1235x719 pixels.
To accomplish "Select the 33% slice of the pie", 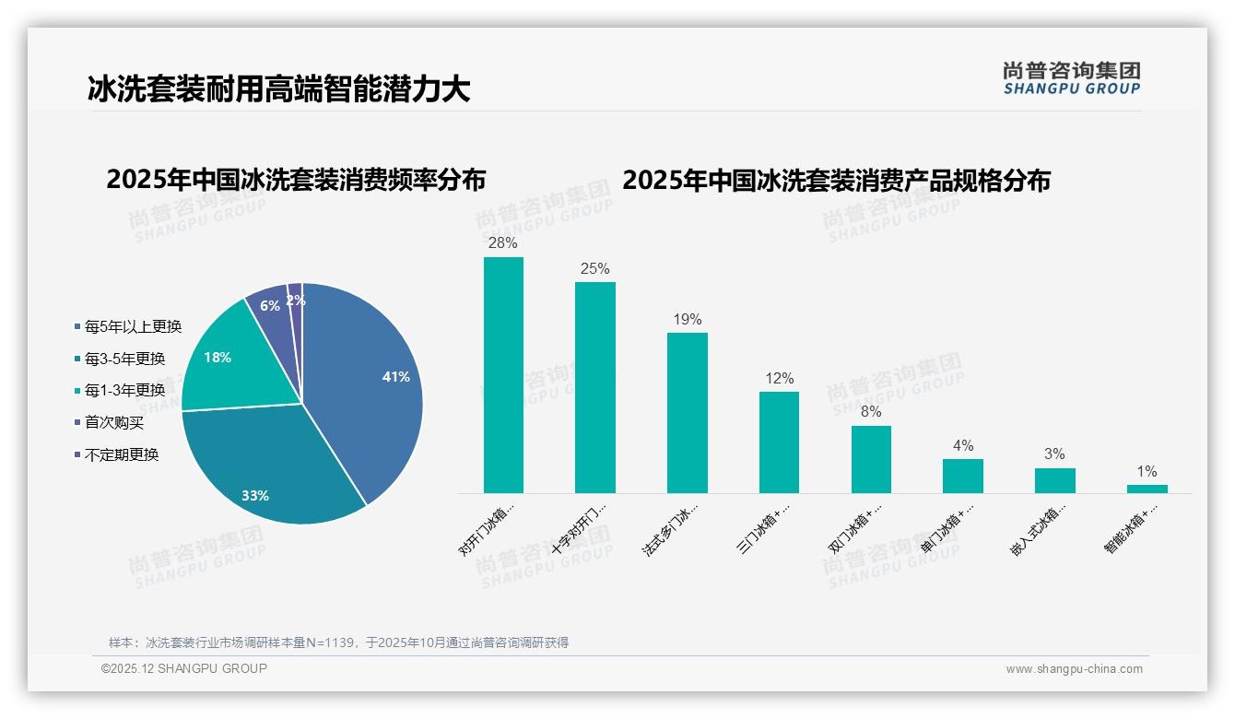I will pyautogui.click(x=267, y=470).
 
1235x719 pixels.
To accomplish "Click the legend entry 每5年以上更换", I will pyautogui.click(x=133, y=326).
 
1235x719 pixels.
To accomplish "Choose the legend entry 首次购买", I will pyautogui.click(x=114, y=422).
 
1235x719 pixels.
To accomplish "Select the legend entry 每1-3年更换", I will pyautogui.click(x=124, y=390).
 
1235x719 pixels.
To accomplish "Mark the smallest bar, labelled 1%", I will pyautogui.click(x=1147, y=489).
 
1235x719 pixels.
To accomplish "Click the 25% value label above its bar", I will pyautogui.click(x=594, y=269).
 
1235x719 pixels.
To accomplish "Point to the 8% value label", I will pyautogui.click(x=871, y=412).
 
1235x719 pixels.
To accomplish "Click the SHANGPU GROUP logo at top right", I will pyautogui.click(x=1071, y=78).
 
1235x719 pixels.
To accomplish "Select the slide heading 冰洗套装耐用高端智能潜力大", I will pyautogui.click(x=278, y=88).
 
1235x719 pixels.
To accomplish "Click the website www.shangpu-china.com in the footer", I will pyautogui.click(x=1074, y=669).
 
